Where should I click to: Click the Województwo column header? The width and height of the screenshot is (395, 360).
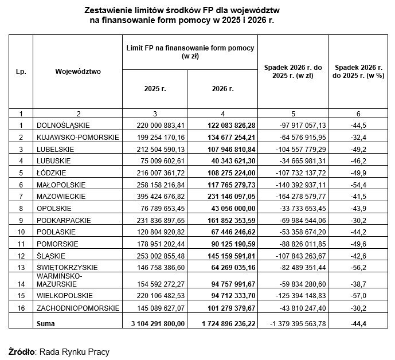coord(78,72)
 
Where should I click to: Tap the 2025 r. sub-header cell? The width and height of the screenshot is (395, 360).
coord(155,89)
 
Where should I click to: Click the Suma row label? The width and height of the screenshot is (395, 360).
coord(46,324)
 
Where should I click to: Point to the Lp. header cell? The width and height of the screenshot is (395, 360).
coord(21,72)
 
